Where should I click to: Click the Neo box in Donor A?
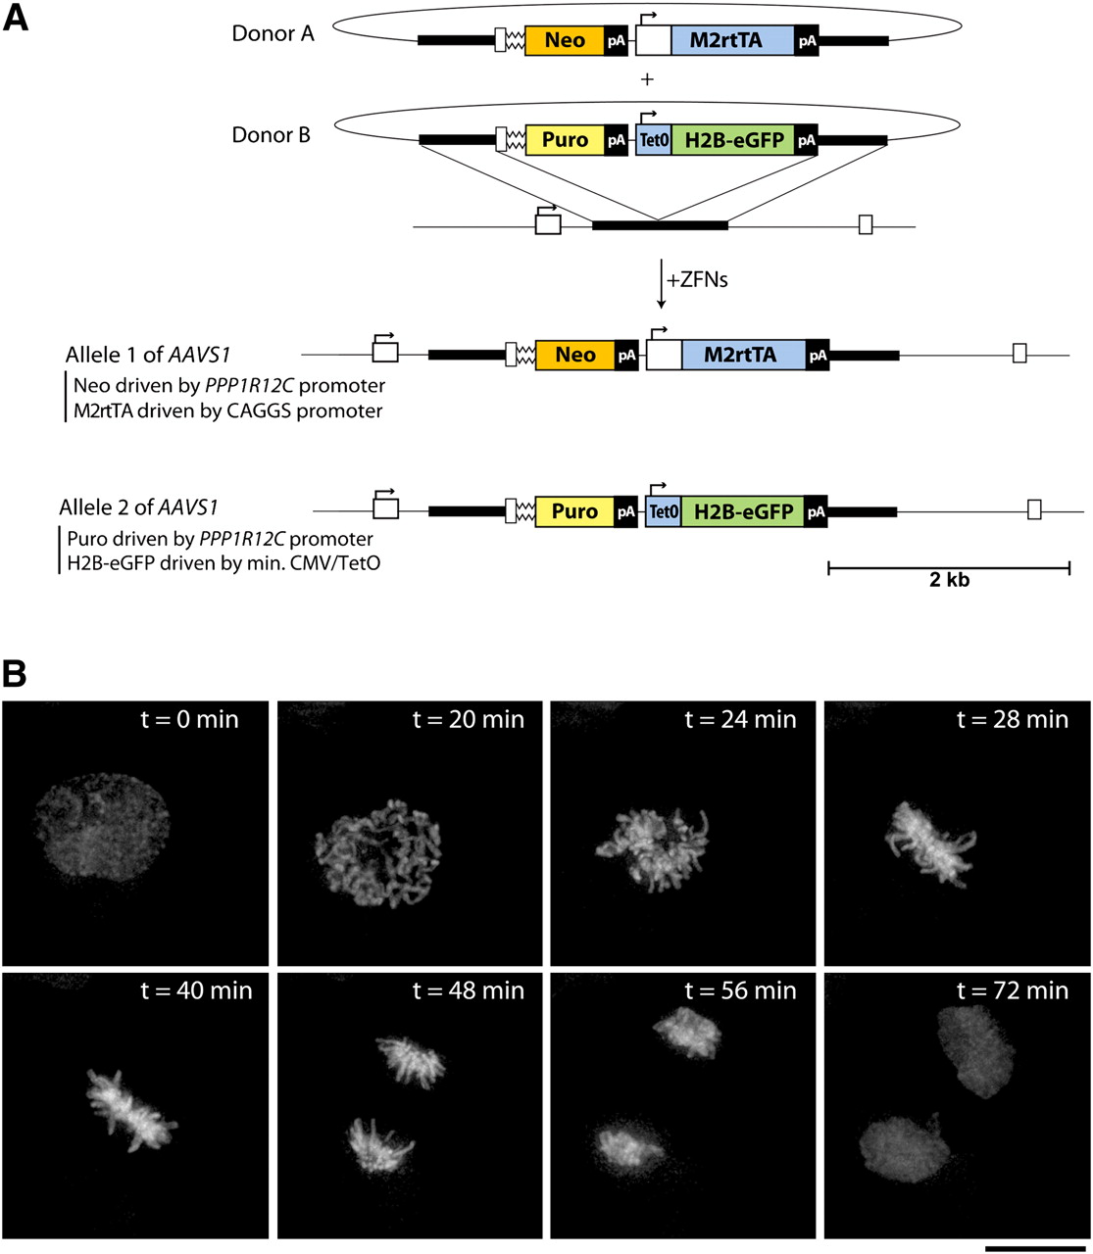[x=565, y=40]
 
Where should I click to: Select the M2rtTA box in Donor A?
[x=732, y=40]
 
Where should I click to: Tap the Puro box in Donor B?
[x=565, y=140]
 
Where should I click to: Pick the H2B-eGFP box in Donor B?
[x=733, y=140]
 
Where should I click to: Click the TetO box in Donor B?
[x=654, y=140]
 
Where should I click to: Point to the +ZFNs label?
[x=697, y=280]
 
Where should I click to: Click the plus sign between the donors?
[x=647, y=79]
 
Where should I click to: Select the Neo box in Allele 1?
[x=575, y=355]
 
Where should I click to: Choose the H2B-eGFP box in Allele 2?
[x=743, y=511]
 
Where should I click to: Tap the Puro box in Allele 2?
[x=574, y=511]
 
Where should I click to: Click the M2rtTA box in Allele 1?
[x=744, y=355]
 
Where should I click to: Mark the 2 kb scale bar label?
[x=949, y=580]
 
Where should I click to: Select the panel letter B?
[x=14, y=674]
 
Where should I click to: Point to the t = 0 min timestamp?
[x=189, y=719]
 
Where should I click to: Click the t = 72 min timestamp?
[x=1013, y=990]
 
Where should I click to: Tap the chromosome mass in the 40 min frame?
[x=131, y=1110]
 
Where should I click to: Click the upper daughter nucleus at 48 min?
[x=410, y=1061]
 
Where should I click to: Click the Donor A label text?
[x=273, y=33]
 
